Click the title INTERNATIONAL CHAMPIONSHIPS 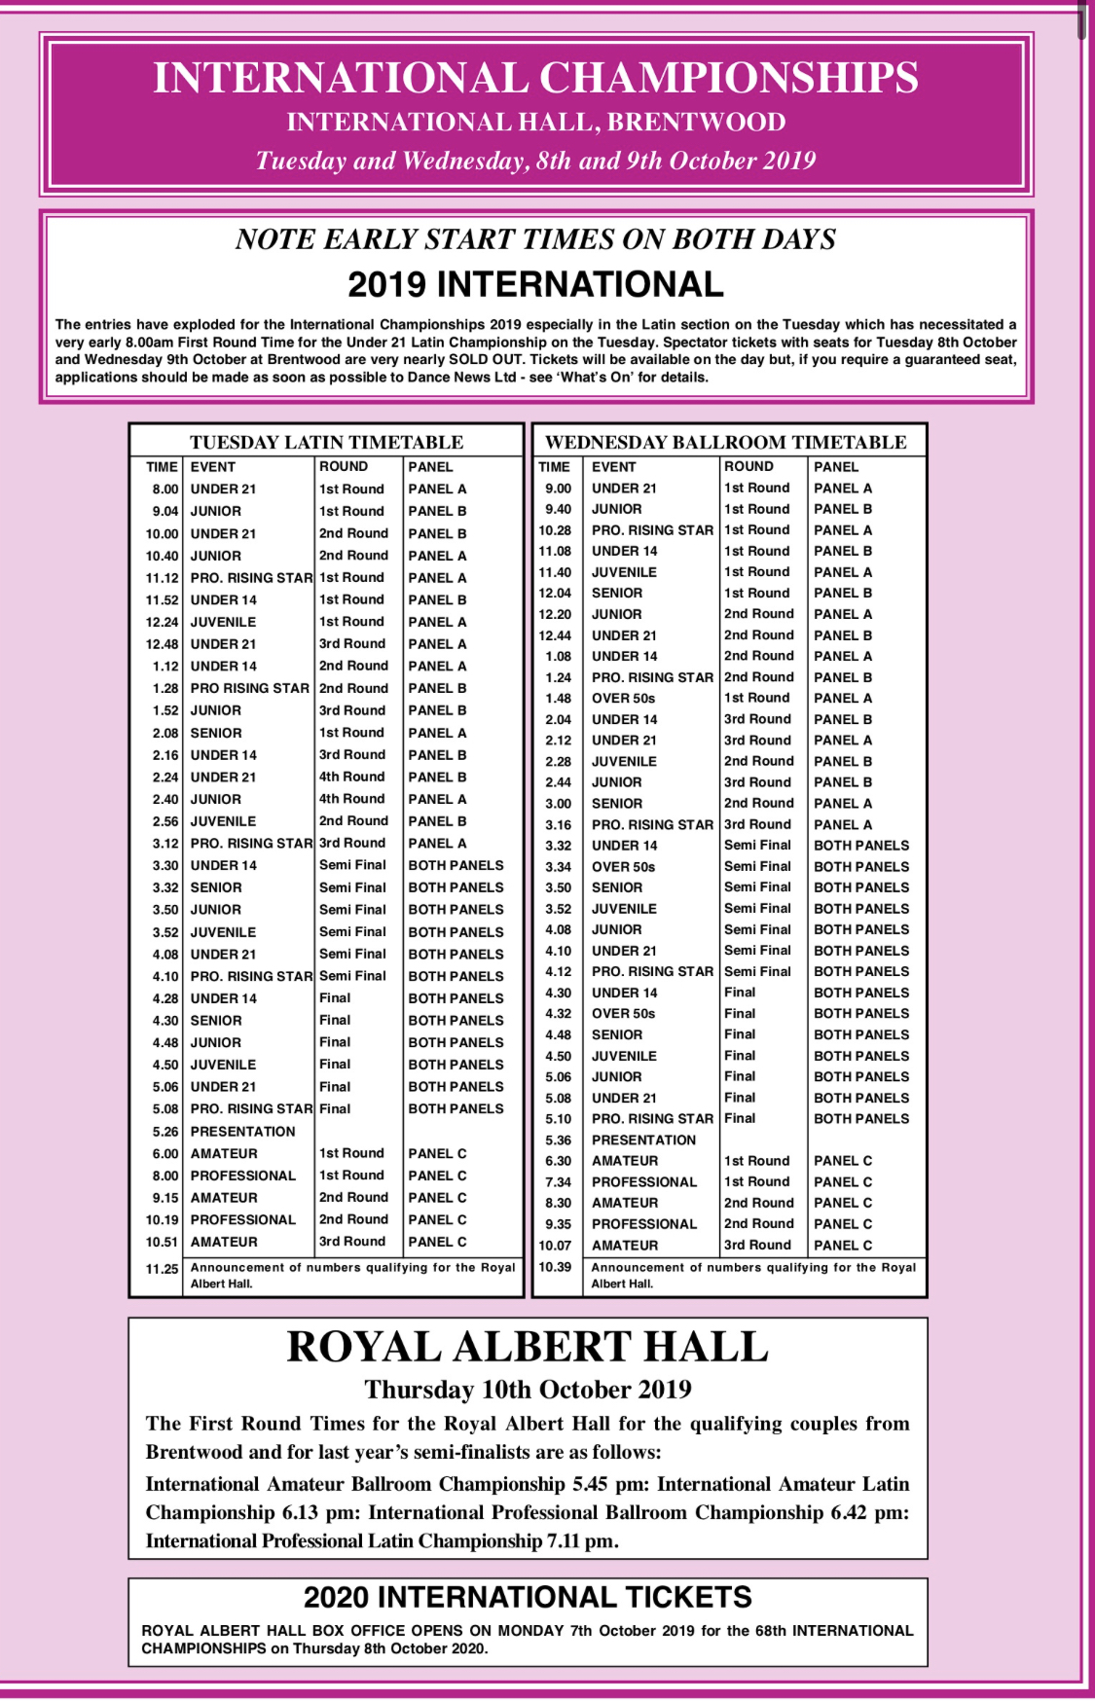(x=535, y=78)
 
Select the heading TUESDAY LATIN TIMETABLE (x=326, y=442)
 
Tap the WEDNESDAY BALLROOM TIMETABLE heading (x=725, y=442)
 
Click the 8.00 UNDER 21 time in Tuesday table (x=164, y=489)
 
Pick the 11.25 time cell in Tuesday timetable (x=162, y=1269)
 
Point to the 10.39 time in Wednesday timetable (x=555, y=1267)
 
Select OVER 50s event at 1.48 (x=623, y=699)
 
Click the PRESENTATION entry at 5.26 (x=242, y=1132)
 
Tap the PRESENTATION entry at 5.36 (x=643, y=1140)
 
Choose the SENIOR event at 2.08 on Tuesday (x=216, y=733)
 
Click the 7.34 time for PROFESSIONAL (x=558, y=1182)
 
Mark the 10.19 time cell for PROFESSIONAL (x=162, y=1220)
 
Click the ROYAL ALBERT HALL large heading (x=528, y=1347)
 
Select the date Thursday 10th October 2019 (x=528, y=1390)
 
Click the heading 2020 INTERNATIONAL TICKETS (x=528, y=1598)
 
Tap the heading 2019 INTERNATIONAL (x=535, y=284)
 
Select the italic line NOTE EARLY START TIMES (x=535, y=239)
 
